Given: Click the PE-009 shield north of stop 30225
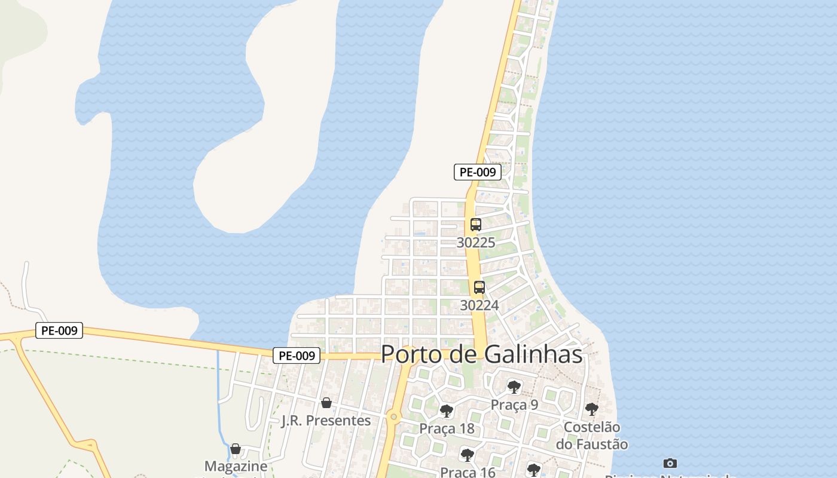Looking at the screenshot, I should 477,172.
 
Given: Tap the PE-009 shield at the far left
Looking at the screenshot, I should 59,330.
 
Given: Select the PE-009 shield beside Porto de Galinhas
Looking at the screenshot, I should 297,356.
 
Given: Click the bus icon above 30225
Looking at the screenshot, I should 476,225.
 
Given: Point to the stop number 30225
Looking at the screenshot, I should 476,243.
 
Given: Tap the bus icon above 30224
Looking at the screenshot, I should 479,287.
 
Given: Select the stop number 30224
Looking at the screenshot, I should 479,305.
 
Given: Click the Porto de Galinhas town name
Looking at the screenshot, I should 481,354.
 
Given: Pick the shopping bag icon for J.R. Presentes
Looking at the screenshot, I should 326,403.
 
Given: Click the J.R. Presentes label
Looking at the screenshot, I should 326,421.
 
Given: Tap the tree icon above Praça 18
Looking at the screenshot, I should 447,411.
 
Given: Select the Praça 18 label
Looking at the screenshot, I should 447,429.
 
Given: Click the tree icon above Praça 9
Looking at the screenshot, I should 514,387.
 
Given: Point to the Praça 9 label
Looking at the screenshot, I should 514,405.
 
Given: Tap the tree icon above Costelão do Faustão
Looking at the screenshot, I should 592,409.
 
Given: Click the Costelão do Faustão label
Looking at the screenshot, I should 592,436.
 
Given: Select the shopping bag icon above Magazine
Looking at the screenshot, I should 236,448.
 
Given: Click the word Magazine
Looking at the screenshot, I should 236,466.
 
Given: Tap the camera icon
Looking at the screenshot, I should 670,463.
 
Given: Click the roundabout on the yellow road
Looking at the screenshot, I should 393,416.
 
